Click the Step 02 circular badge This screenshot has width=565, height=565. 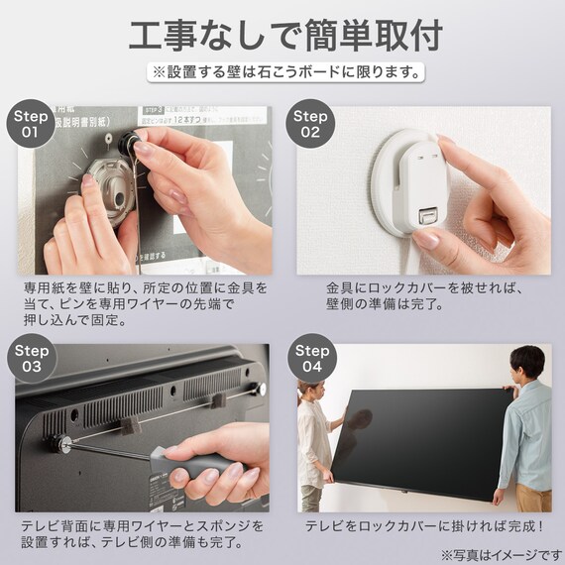coord(311,123)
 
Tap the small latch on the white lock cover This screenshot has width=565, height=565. coord(427,215)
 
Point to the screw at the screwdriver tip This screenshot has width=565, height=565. coord(63,443)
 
